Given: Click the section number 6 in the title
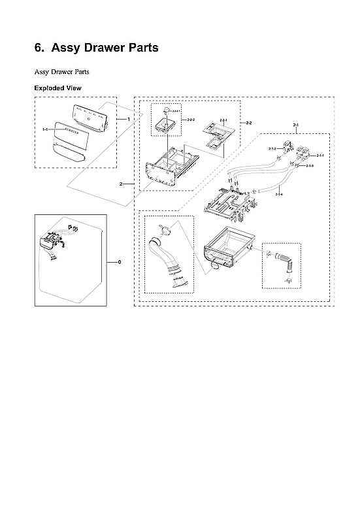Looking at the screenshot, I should point(38,48).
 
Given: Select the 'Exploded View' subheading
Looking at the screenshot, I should point(57,88).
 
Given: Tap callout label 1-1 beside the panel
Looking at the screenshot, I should point(45,130).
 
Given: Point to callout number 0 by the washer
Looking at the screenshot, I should point(119,262).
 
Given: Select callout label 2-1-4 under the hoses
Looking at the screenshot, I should point(279,194).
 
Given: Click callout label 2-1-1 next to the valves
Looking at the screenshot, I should point(320,156).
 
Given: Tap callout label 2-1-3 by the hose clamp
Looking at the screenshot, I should point(310,167).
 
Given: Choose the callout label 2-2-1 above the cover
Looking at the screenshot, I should point(223,121).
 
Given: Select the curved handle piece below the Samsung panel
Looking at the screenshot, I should point(68,154).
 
